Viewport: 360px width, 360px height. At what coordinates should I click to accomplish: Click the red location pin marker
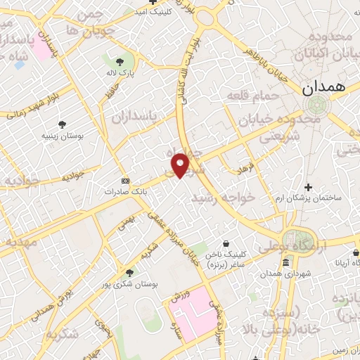181,165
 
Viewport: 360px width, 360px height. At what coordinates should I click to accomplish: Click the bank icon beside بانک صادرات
126,180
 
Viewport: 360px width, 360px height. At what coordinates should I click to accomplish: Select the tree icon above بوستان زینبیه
63,124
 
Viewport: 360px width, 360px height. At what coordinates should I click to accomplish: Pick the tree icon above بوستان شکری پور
129,273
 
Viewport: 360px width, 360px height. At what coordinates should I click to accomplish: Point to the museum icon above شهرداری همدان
285,263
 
